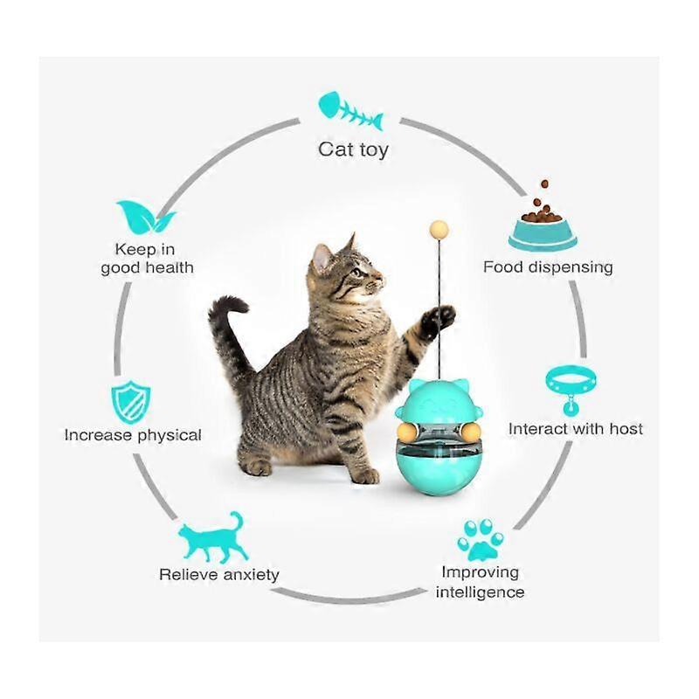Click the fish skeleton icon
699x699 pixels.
point(350,111)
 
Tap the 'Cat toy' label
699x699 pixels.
point(353,149)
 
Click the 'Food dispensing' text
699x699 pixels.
point(548,267)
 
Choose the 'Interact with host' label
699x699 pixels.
point(576,429)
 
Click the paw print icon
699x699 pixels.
point(480,539)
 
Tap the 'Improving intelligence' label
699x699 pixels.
point(480,582)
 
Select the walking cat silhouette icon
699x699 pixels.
point(213,536)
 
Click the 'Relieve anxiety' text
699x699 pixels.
point(219,575)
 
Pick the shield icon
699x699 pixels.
point(130,402)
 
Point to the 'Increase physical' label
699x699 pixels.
point(133,435)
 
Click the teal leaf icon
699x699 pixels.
point(145,217)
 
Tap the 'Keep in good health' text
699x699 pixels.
point(147,259)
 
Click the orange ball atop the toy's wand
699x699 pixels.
point(439,230)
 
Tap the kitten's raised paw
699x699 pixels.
point(437,319)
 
